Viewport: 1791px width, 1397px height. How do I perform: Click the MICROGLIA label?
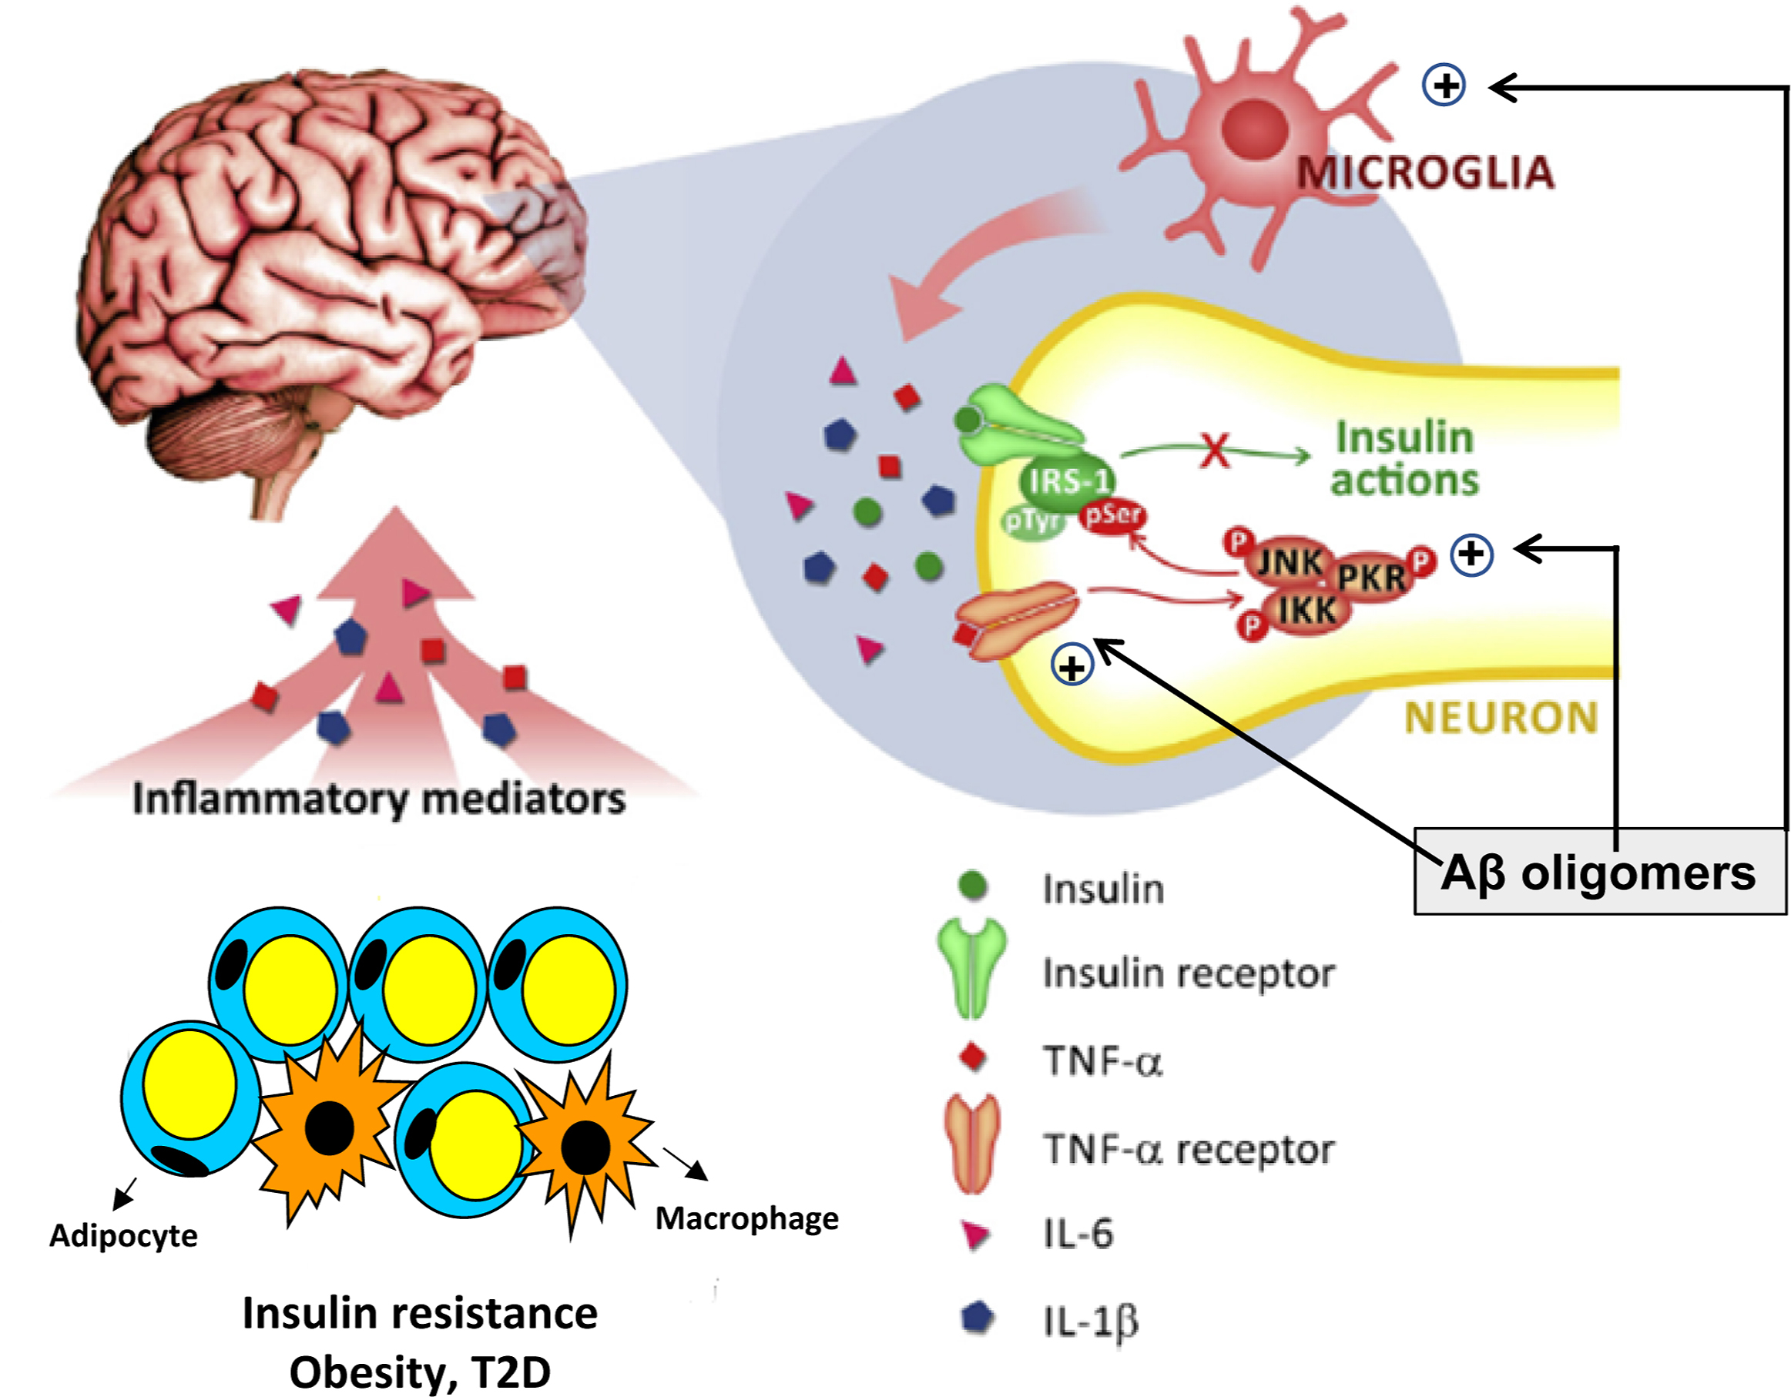coord(1425,173)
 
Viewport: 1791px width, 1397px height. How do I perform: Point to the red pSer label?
coord(1113,517)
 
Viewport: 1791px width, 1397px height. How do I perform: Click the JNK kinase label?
coord(1289,562)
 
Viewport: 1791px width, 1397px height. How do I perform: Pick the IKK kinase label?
coord(1307,610)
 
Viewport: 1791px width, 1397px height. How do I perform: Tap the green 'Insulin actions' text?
coord(1404,459)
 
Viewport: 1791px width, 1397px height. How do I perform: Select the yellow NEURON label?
coord(1501,719)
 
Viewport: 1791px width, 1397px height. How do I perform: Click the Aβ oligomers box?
coord(1599,873)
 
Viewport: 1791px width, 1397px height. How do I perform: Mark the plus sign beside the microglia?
coord(1444,85)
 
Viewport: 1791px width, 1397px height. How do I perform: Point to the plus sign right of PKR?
coord(1472,554)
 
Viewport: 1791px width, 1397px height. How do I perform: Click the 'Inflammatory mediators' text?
coord(379,799)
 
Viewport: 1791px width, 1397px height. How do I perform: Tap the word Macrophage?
coord(747,1218)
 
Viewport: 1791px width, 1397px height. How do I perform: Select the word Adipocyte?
coord(123,1235)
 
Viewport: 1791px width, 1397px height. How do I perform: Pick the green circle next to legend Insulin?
coord(973,886)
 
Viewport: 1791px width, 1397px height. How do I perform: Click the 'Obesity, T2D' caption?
coord(420,1372)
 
